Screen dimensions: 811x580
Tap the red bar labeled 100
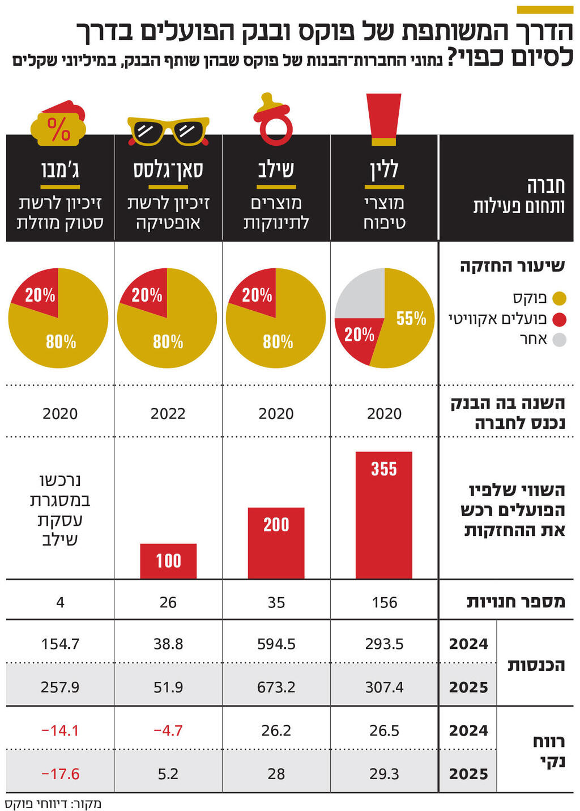point(168,561)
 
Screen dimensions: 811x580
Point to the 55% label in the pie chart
point(411,319)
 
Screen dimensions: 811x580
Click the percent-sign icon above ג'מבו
point(59,125)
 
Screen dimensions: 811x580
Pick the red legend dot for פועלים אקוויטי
point(559,319)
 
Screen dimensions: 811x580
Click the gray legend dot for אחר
point(559,340)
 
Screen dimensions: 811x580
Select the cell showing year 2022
point(168,414)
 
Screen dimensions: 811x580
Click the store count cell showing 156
point(384,602)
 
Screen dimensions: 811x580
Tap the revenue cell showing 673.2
point(276,687)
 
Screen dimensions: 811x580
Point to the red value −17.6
point(60,774)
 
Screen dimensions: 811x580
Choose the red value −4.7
point(168,730)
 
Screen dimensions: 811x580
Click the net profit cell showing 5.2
point(168,774)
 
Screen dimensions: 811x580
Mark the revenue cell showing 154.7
point(60,644)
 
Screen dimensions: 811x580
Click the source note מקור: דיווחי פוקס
point(53,804)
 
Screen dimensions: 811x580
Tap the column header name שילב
point(276,170)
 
